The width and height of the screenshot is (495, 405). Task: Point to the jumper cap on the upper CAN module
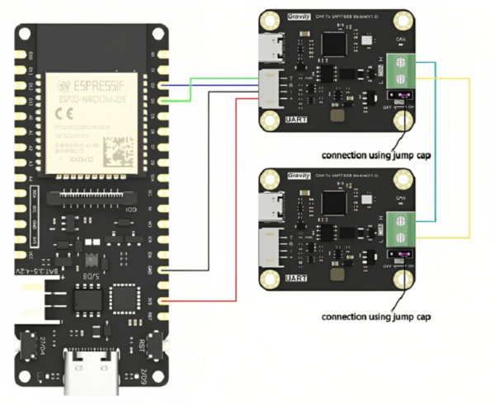399,101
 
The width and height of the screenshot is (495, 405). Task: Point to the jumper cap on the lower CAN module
399,259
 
